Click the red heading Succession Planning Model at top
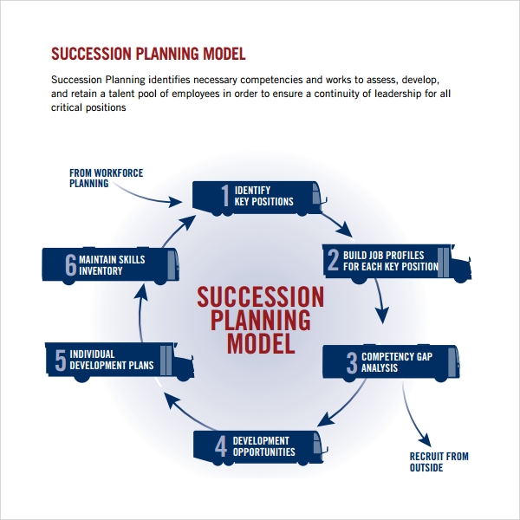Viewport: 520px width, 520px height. coord(148,54)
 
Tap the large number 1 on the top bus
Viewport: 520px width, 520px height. coord(225,195)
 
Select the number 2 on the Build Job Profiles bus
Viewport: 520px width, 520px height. coord(334,260)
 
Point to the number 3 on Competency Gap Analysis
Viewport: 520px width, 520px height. coord(352,362)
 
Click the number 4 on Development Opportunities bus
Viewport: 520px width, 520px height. coord(221,446)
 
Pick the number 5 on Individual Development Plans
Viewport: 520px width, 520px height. coord(61,360)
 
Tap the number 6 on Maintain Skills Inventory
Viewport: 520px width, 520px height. coord(71,264)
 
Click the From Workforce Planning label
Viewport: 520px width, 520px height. coord(106,178)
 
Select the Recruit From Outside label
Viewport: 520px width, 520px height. coord(439,462)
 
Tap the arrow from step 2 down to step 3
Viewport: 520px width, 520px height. coord(380,300)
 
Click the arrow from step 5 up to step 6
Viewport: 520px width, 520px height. coord(140,313)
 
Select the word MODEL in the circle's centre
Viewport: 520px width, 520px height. coord(261,344)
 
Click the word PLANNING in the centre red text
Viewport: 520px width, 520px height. coord(261,320)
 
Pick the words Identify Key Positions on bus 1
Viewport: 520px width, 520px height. coord(264,196)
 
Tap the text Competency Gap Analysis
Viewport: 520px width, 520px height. coord(397,362)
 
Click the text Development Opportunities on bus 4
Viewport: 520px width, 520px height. coord(264,446)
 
